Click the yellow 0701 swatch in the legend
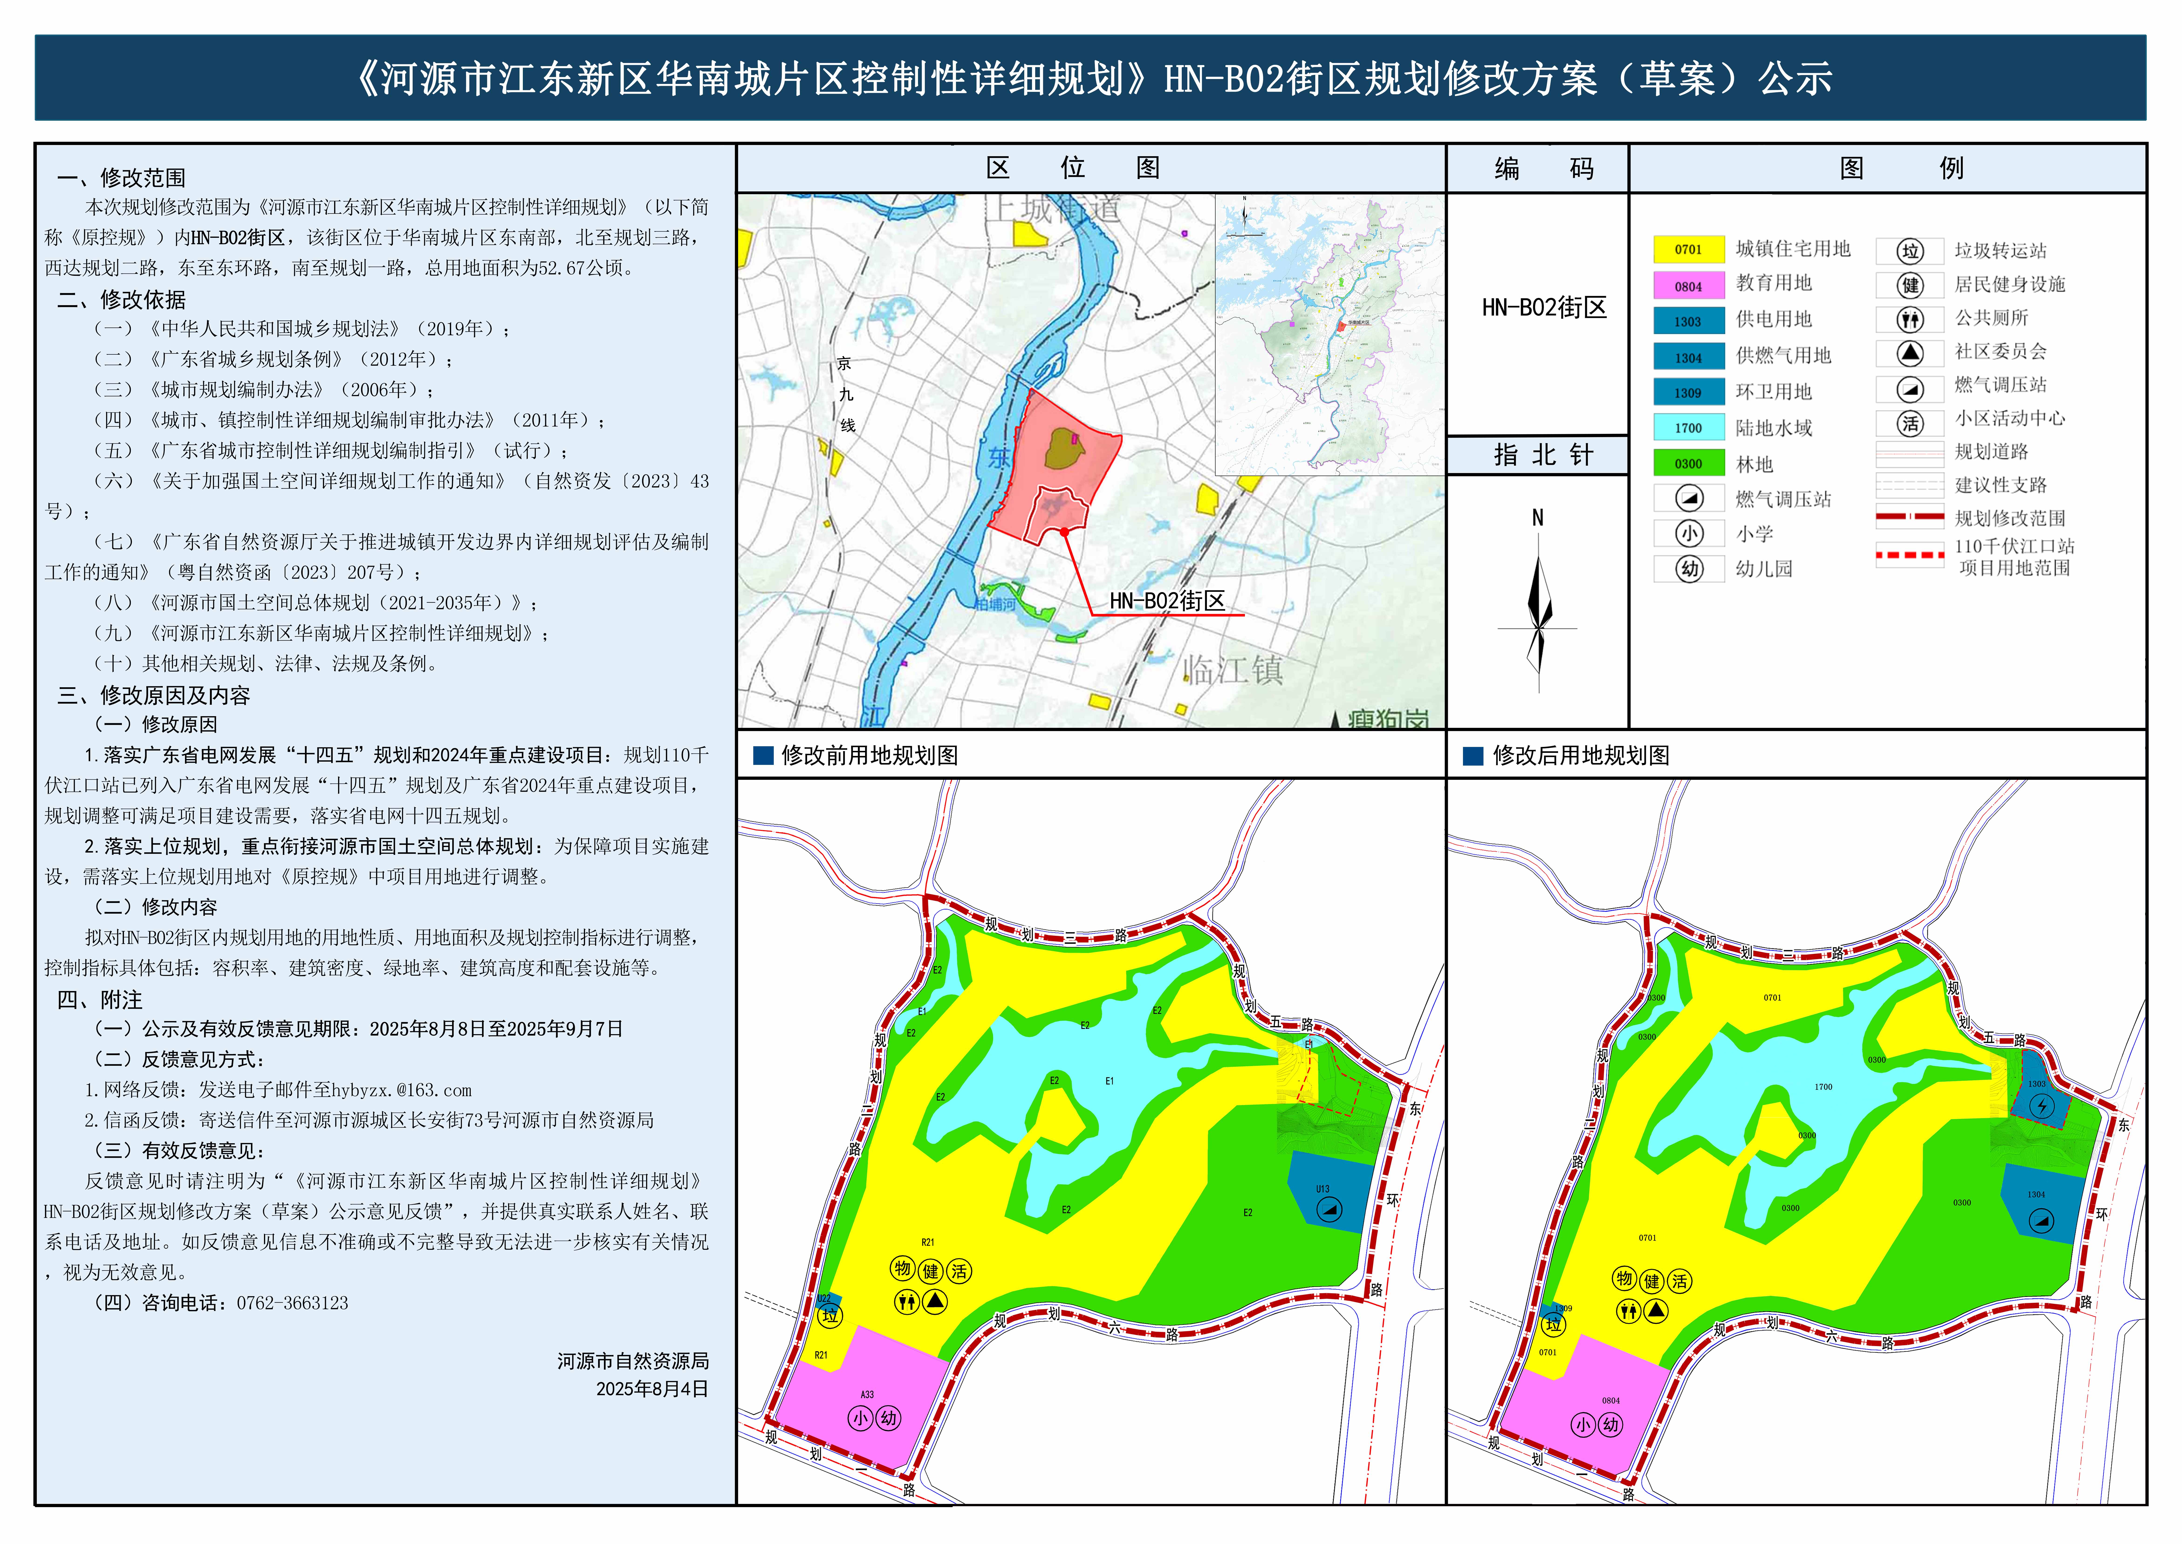(1688, 249)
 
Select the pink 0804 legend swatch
(1688, 285)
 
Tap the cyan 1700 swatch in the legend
(1688, 428)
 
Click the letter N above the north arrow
(1538, 518)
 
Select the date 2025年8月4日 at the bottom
(652, 1389)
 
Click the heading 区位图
(1073, 168)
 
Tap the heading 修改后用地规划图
(1580, 756)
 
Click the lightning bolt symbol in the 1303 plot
(2041, 1106)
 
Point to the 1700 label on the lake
(1823, 1087)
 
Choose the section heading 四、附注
(100, 1000)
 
